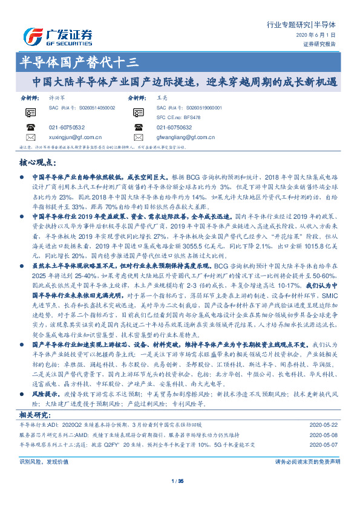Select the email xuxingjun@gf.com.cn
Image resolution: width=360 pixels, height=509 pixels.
tap(75, 137)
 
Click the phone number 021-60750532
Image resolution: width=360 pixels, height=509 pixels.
tap(67, 127)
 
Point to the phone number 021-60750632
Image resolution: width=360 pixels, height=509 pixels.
tap(174, 127)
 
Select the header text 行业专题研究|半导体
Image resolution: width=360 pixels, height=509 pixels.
tap(309, 25)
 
